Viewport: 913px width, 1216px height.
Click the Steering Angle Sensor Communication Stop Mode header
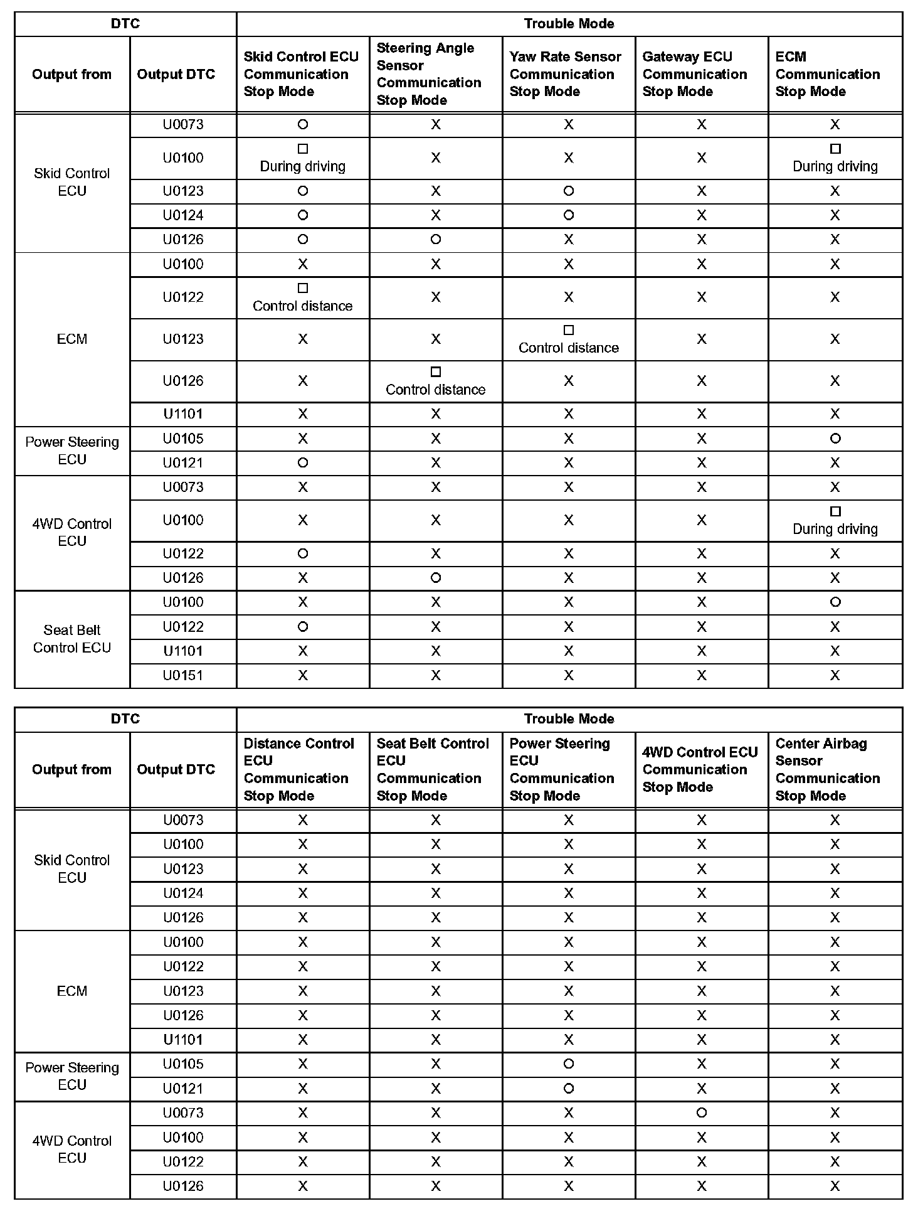tap(429, 74)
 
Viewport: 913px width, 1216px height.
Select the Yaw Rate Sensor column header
tap(564, 74)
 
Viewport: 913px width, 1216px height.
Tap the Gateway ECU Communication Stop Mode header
tap(694, 74)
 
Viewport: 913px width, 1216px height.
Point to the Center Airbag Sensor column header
tap(827, 769)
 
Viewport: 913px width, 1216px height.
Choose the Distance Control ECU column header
tap(298, 769)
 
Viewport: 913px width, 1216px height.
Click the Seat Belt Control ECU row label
tap(72, 639)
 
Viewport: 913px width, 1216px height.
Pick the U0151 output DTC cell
tap(183, 675)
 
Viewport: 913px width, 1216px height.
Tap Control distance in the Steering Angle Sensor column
tap(436, 389)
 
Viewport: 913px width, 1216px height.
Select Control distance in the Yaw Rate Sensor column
tap(569, 348)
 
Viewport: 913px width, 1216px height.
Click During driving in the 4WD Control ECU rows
tap(835, 528)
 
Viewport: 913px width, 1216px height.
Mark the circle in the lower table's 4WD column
tap(702, 1112)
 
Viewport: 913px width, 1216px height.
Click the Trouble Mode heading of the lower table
tap(569, 718)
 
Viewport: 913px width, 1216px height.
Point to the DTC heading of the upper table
tap(125, 24)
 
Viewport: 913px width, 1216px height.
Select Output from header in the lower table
tap(72, 769)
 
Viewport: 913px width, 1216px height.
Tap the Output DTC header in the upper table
tap(176, 74)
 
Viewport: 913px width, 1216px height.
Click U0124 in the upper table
tap(183, 215)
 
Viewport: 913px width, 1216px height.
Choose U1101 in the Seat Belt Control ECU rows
tap(183, 651)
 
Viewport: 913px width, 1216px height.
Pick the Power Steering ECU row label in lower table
tap(72, 1076)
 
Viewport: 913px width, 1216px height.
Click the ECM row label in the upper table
tap(72, 339)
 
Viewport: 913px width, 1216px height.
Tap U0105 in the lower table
tap(183, 1064)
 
